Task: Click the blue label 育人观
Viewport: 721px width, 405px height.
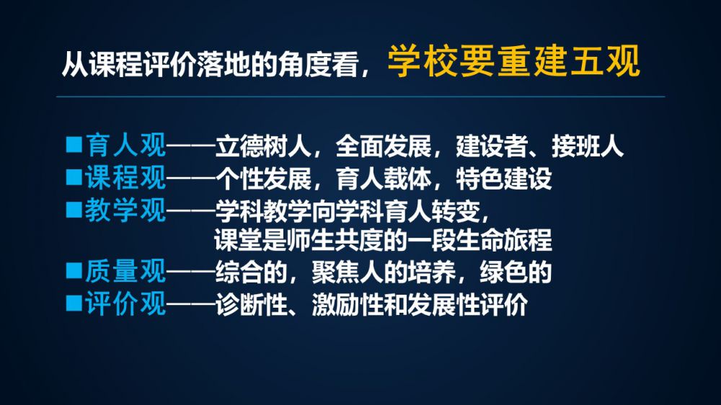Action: [x=125, y=146]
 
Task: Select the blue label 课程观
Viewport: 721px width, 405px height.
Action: [x=125, y=177]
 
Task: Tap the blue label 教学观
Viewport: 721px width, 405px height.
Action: [x=125, y=210]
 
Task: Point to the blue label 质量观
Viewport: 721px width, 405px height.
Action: [x=125, y=271]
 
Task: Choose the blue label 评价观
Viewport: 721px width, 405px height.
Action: [x=125, y=304]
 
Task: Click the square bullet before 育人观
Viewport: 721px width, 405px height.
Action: [x=74, y=144]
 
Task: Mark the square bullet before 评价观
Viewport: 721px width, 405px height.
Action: [x=74, y=303]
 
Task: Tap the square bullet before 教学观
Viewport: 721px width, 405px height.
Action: [x=74, y=209]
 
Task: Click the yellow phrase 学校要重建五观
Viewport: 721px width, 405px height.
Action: [x=514, y=61]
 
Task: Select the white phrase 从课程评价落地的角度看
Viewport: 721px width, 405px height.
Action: [x=210, y=64]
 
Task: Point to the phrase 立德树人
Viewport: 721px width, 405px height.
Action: [x=263, y=146]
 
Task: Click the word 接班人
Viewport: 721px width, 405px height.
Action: [x=587, y=146]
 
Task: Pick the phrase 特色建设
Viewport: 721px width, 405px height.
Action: [x=504, y=179]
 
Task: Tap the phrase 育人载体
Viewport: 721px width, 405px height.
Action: [x=384, y=179]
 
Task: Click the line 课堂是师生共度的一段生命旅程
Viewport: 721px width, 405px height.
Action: [x=383, y=240]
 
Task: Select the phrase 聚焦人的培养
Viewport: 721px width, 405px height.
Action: [x=384, y=272]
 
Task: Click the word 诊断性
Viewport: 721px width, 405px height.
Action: [x=251, y=305]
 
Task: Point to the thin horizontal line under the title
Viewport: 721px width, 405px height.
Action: [x=360, y=97]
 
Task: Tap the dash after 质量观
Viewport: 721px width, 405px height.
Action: [x=191, y=272]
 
